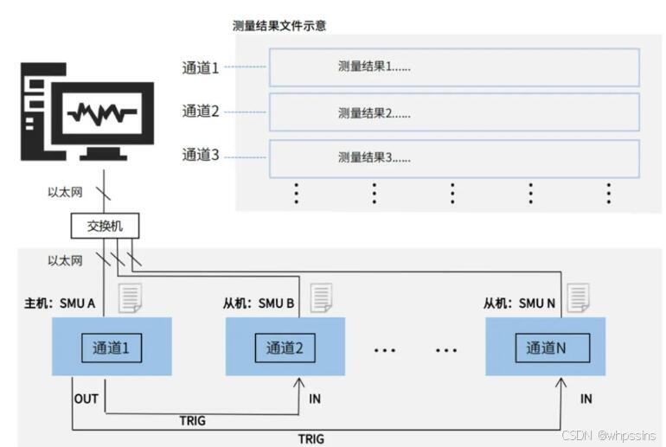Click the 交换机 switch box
click(106, 227)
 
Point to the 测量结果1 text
click(374, 67)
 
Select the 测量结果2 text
click(374, 112)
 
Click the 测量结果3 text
click(374, 157)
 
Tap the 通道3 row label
click(201, 156)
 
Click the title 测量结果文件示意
click(279, 27)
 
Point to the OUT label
click(86, 399)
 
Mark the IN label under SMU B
click(315, 399)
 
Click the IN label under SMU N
click(586, 399)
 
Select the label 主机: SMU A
click(59, 304)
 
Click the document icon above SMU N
click(578, 297)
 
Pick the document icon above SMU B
click(321, 297)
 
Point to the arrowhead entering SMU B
click(298, 381)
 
